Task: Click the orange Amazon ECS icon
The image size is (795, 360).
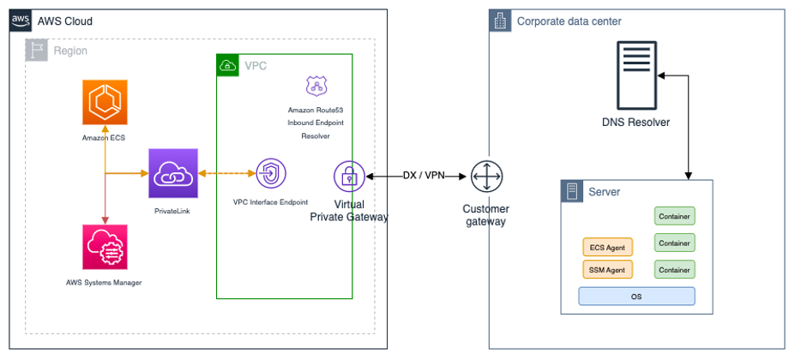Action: [x=104, y=103]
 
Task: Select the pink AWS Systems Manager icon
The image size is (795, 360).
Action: [x=104, y=249]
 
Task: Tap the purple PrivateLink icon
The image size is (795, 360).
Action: [x=172, y=173]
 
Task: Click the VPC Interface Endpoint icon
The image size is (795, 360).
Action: [x=270, y=174]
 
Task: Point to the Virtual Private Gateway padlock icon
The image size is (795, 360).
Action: [x=349, y=176]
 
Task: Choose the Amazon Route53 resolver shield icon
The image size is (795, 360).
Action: [x=316, y=86]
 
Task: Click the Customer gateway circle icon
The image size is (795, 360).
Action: [x=485, y=177]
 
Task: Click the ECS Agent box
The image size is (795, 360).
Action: [x=607, y=247]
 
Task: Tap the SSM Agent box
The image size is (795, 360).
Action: [x=607, y=269]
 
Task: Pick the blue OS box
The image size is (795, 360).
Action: [x=635, y=297]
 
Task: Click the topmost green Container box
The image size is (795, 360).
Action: [x=674, y=216]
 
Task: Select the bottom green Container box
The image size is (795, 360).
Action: [x=674, y=269]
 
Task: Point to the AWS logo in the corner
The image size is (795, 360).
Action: [x=21, y=21]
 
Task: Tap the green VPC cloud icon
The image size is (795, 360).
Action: [x=228, y=65]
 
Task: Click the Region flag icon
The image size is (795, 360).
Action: [x=36, y=50]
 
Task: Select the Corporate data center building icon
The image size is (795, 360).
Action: [x=500, y=21]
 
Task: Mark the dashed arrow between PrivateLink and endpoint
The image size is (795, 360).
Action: [x=227, y=174]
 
